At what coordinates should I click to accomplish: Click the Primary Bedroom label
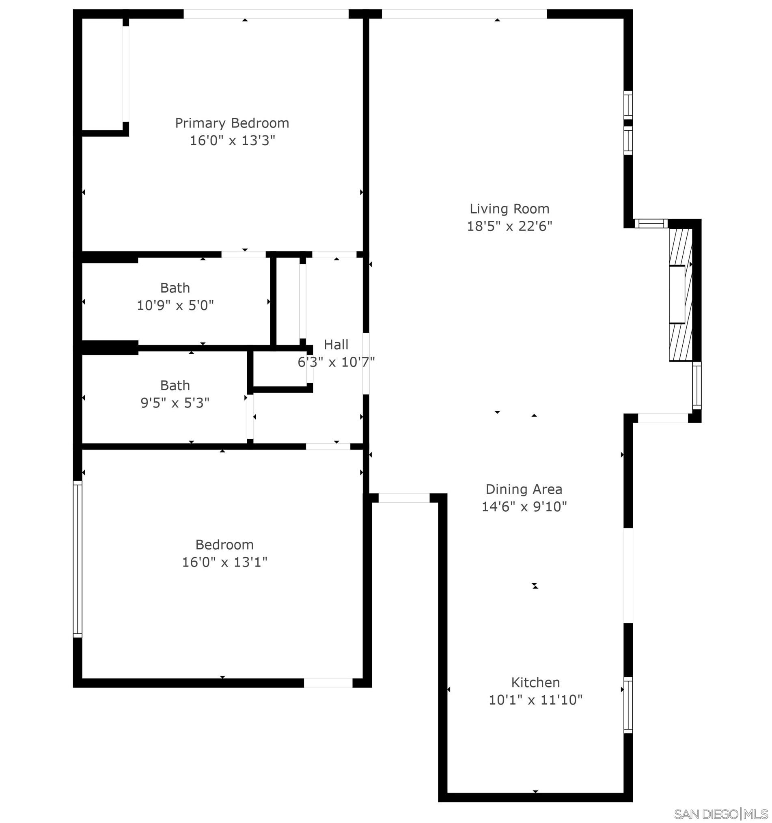(x=232, y=123)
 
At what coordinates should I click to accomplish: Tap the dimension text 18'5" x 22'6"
(x=509, y=226)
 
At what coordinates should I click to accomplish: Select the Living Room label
(x=509, y=209)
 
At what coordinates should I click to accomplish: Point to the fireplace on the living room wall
(x=680, y=294)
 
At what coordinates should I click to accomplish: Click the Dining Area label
(x=524, y=489)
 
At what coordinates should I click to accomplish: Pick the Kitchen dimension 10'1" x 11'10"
(x=535, y=700)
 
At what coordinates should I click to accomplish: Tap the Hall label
(x=336, y=345)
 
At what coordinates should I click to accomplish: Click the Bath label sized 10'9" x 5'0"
(x=175, y=288)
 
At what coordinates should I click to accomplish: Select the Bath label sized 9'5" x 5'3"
(x=175, y=386)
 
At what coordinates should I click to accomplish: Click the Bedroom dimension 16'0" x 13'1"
(x=224, y=562)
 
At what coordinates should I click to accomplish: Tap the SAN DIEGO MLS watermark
(x=720, y=814)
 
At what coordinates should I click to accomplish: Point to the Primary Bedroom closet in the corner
(x=102, y=75)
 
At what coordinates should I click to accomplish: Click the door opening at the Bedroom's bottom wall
(x=328, y=683)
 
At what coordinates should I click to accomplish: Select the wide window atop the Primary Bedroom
(x=266, y=14)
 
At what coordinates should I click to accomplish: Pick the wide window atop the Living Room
(x=464, y=14)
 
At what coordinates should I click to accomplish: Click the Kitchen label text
(x=535, y=682)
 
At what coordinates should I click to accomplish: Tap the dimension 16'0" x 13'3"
(x=232, y=141)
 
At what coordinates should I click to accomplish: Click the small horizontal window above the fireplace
(x=651, y=224)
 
